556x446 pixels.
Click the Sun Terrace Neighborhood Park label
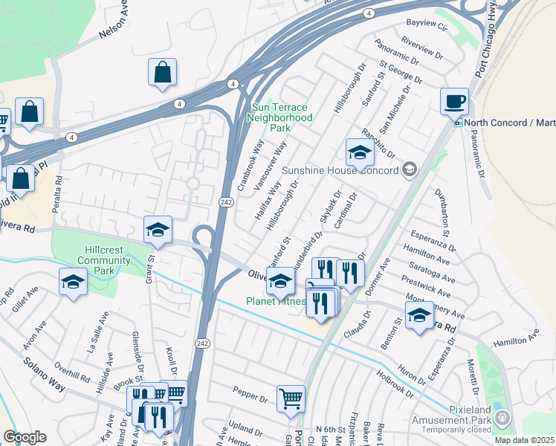(279, 117)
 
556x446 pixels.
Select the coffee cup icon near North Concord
(454, 101)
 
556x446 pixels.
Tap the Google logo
(24, 437)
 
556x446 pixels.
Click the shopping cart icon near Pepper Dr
(291, 398)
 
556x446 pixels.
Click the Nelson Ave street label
(119, 25)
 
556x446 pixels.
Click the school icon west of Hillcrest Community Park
(73, 282)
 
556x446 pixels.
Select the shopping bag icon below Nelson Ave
(162, 72)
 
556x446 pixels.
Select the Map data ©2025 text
(525, 440)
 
